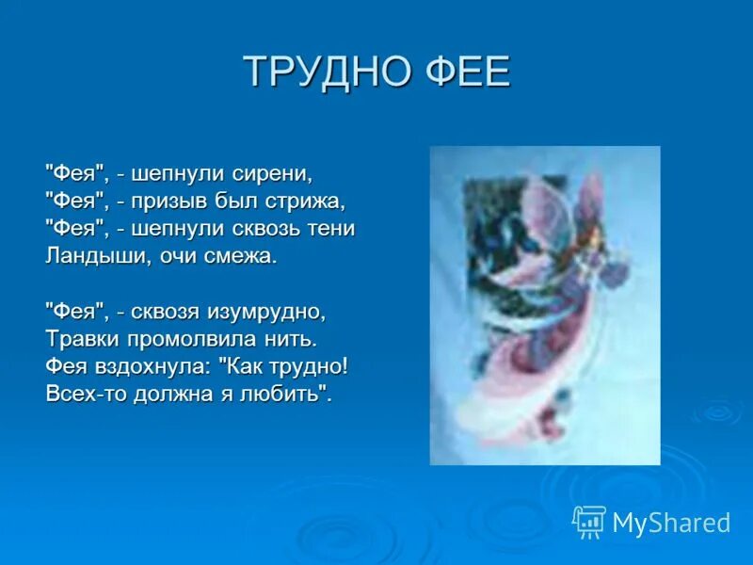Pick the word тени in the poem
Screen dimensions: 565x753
coord(331,229)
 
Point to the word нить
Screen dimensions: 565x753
coord(293,338)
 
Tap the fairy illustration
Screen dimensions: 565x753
coord(545,305)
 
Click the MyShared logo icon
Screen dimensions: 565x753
coord(589,522)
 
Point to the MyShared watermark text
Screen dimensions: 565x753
coord(671,524)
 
